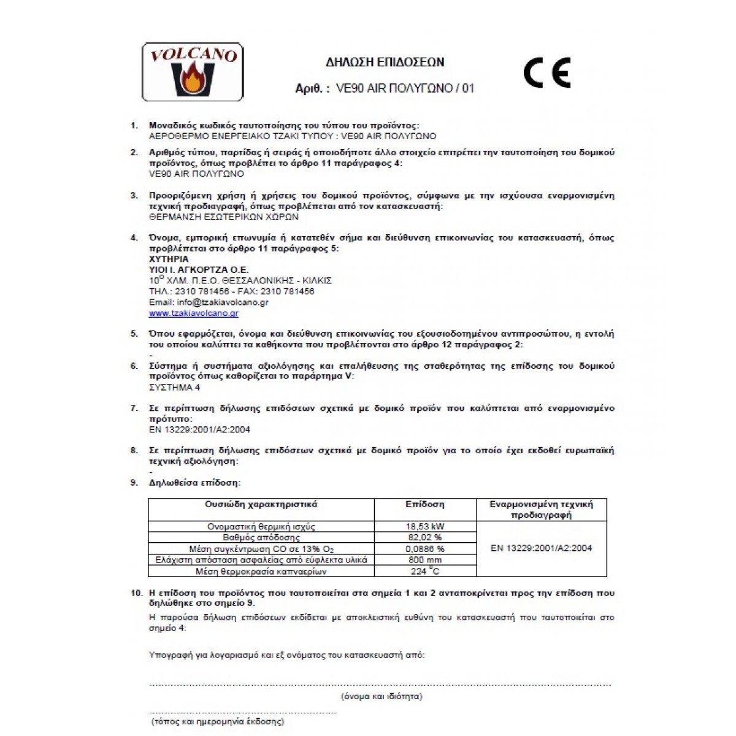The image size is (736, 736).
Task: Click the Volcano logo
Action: click(193, 72)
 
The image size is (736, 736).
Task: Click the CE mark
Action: click(547, 73)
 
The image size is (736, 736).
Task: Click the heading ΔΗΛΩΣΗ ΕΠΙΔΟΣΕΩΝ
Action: click(385, 62)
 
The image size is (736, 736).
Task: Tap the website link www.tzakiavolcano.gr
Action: click(193, 313)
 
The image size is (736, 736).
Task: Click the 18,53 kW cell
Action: click(425, 526)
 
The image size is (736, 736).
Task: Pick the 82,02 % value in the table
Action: click(425, 537)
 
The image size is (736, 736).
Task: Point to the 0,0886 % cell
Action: click(425, 549)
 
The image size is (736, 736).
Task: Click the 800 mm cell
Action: click(425, 560)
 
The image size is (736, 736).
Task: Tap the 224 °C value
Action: click(425, 572)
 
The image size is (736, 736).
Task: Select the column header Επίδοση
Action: click(425, 505)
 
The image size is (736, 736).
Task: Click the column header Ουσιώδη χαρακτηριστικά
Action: click(261, 505)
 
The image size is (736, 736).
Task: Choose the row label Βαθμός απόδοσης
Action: click(261, 538)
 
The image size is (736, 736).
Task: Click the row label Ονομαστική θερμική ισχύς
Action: click(261, 527)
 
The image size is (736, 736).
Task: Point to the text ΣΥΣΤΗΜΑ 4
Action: click(175, 388)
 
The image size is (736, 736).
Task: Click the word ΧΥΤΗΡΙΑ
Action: click(169, 259)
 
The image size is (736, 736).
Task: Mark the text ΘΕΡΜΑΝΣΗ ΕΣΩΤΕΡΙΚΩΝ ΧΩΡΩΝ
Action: click(224, 217)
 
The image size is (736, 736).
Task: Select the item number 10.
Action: click(136, 593)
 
